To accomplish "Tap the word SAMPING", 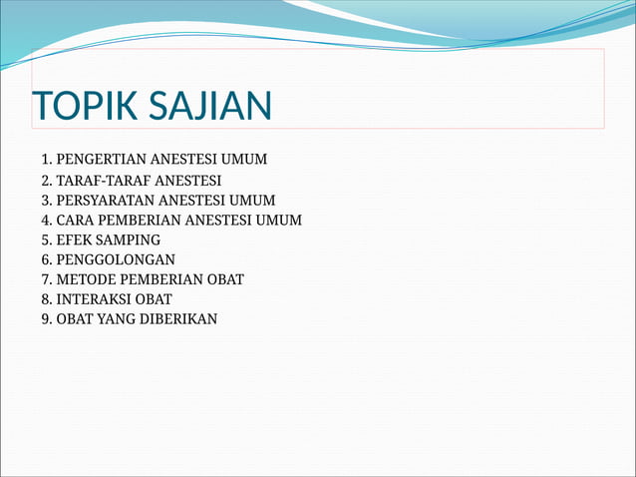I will [x=127, y=239].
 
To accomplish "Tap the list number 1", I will [x=46, y=159].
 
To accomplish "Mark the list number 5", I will [x=46, y=239].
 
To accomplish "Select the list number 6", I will [x=46, y=259].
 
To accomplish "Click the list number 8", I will [x=46, y=299].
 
